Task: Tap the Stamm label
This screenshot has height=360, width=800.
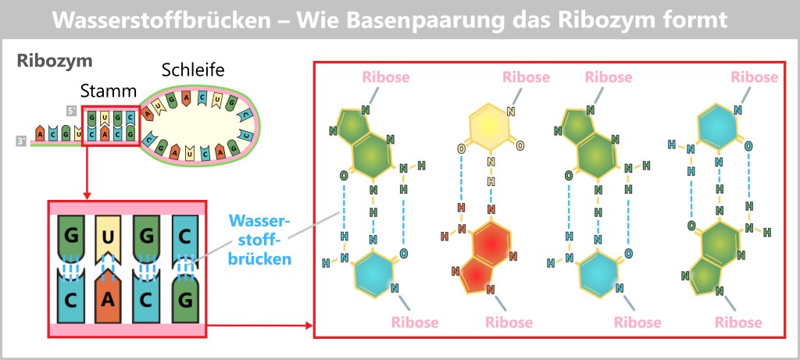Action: pos(109,91)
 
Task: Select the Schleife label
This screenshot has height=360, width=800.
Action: pos(192,70)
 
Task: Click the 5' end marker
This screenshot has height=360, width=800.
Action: pos(71,112)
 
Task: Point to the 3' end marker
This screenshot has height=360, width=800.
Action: pos(20,141)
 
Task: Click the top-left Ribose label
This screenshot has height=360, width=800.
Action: pos(385,77)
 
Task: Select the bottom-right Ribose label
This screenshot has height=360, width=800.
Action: pos(738,322)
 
